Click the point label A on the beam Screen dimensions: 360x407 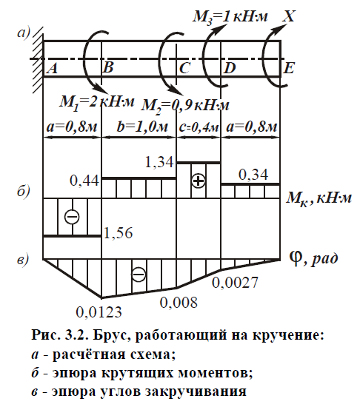(x=53, y=68)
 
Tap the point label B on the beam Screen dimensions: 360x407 (x=108, y=67)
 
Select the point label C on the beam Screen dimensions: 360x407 (x=184, y=68)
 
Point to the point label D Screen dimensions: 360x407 (x=230, y=68)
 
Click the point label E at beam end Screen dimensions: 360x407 (x=289, y=68)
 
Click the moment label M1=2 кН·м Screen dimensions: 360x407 (x=97, y=102)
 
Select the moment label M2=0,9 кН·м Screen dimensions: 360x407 (x=185, y=106)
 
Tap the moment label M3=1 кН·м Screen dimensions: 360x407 (x=230, y=17)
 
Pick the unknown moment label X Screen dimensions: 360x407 (x=289, y=16)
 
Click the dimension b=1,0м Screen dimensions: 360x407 (x=142, y=127)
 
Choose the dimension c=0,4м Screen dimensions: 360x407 (x=199, y=128)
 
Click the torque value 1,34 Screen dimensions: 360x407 (x=159, y=162)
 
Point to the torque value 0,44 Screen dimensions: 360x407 (x=84, y=181)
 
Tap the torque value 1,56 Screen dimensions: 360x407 (x=119, y=233)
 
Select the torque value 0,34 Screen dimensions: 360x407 (x=253, y=175)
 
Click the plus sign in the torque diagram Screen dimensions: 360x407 (x=199, y=181)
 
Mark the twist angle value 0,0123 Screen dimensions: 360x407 (x=99, y=312)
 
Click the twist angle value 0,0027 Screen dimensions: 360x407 (x=235, y=283)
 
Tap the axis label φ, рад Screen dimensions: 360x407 (x=314, y=258)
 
